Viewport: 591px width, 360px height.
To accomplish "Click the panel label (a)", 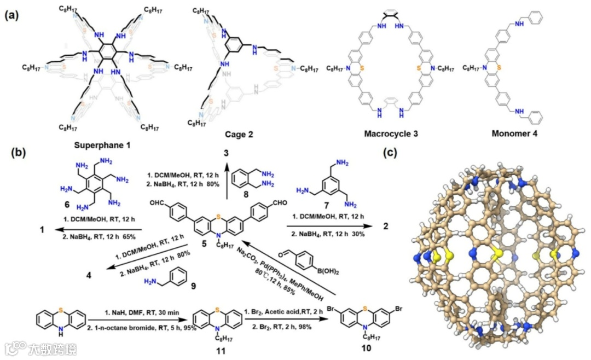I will click(13, 15).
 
